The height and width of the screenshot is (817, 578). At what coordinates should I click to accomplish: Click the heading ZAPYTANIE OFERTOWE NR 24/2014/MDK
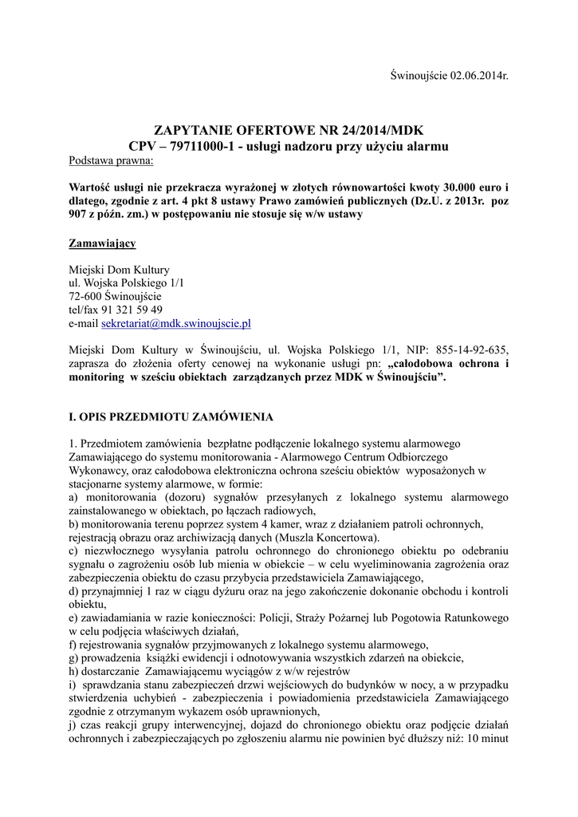289,130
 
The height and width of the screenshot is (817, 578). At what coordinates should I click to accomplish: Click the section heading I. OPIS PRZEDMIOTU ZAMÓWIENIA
172,416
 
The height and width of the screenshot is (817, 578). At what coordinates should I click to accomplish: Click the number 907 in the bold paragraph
82,214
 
